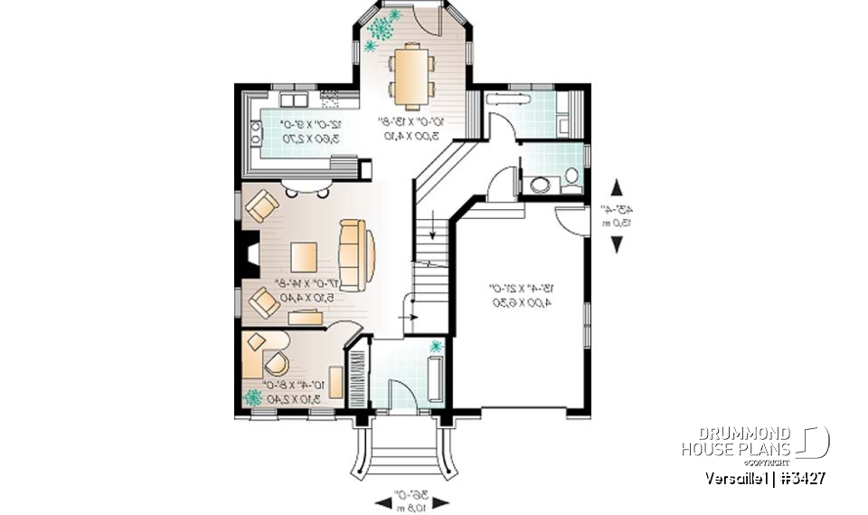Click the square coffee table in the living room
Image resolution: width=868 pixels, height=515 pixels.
pyautogui.click(x=305, y=256)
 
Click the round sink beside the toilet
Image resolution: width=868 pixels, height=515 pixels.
pyautogui.click(x=539, y=185)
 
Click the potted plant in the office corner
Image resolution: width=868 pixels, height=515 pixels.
pyautogui.click(x=253, y=396)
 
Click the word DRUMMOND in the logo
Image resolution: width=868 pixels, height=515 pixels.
pyautogui.click(x=736, y=434)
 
